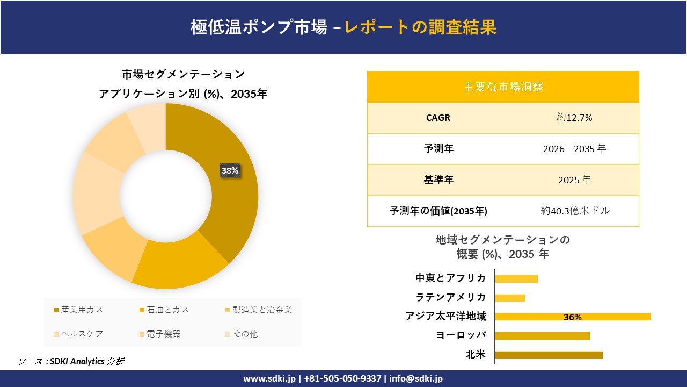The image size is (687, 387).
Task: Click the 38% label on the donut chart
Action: pos(230,171)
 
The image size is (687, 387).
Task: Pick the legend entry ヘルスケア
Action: pos(82,334)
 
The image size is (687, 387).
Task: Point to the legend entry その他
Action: pos(245,334)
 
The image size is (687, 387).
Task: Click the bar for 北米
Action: pos(549,355)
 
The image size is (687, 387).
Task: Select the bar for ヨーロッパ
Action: pos(542,336)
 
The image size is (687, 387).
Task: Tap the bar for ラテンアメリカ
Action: pos(510,298)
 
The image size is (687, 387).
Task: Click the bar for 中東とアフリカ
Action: pos(516,278)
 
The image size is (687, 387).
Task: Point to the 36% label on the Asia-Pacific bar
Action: pos(573,317)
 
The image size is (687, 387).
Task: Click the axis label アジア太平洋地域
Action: pos(445,317)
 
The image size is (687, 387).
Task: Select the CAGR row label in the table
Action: pos(438,118)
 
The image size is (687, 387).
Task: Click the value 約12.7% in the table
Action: pos(574,118)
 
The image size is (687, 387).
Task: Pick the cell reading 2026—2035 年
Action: pos(574,149)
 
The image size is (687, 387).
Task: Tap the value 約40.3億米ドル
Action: pos(575,211)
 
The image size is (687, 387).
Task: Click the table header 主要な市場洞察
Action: pos(503,87)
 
